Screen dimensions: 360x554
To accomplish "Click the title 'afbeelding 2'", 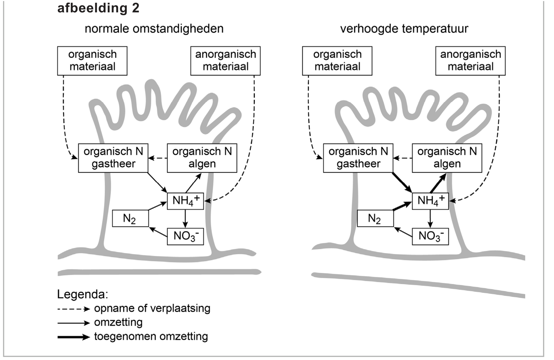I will (x=98, y=8).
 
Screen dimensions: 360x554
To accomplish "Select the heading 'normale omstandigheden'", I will (x=154, y=29).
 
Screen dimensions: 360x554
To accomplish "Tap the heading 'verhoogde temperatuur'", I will (x=404, y=29).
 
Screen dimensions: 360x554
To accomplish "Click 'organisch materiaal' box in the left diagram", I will (x=92, y=61).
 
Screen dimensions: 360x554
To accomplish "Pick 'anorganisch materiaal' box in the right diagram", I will (x=470, y=61).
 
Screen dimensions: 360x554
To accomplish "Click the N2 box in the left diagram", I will (x=130, y=219).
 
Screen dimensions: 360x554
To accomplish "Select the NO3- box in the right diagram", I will (x=430, y=236).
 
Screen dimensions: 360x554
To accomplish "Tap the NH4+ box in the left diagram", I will (x=185, y=201).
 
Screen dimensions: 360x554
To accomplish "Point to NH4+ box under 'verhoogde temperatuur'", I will (x=430, y=201).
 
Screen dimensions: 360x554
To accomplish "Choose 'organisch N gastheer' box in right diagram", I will (x=358, y=158).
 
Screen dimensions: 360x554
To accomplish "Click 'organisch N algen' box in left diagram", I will (x=202, y=158).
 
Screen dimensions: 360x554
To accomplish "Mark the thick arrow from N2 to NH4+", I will (x=402, y=206).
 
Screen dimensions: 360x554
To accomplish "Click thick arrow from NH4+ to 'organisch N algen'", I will (x=438, y=183).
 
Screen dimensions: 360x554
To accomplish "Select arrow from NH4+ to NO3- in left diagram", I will (x=185, y=219).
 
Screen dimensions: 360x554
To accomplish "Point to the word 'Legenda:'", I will (x=83, y=294).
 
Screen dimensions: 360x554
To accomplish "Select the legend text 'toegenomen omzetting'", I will (x=151, y=337).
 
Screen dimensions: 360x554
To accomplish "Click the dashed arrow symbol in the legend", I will (x=73, y=309).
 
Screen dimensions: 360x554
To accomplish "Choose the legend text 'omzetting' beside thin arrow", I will (x=118, y=322).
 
